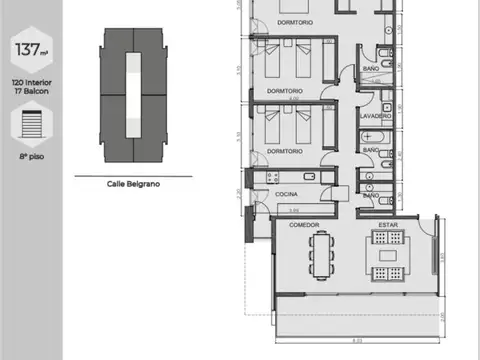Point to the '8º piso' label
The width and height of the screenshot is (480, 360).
click(31, 157)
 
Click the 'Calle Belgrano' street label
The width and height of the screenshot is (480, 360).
click(130, 184)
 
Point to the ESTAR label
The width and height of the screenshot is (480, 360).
click(388, 225)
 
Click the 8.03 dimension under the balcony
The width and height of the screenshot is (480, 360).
click(357, 342)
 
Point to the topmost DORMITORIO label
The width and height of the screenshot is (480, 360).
click(297, 21)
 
